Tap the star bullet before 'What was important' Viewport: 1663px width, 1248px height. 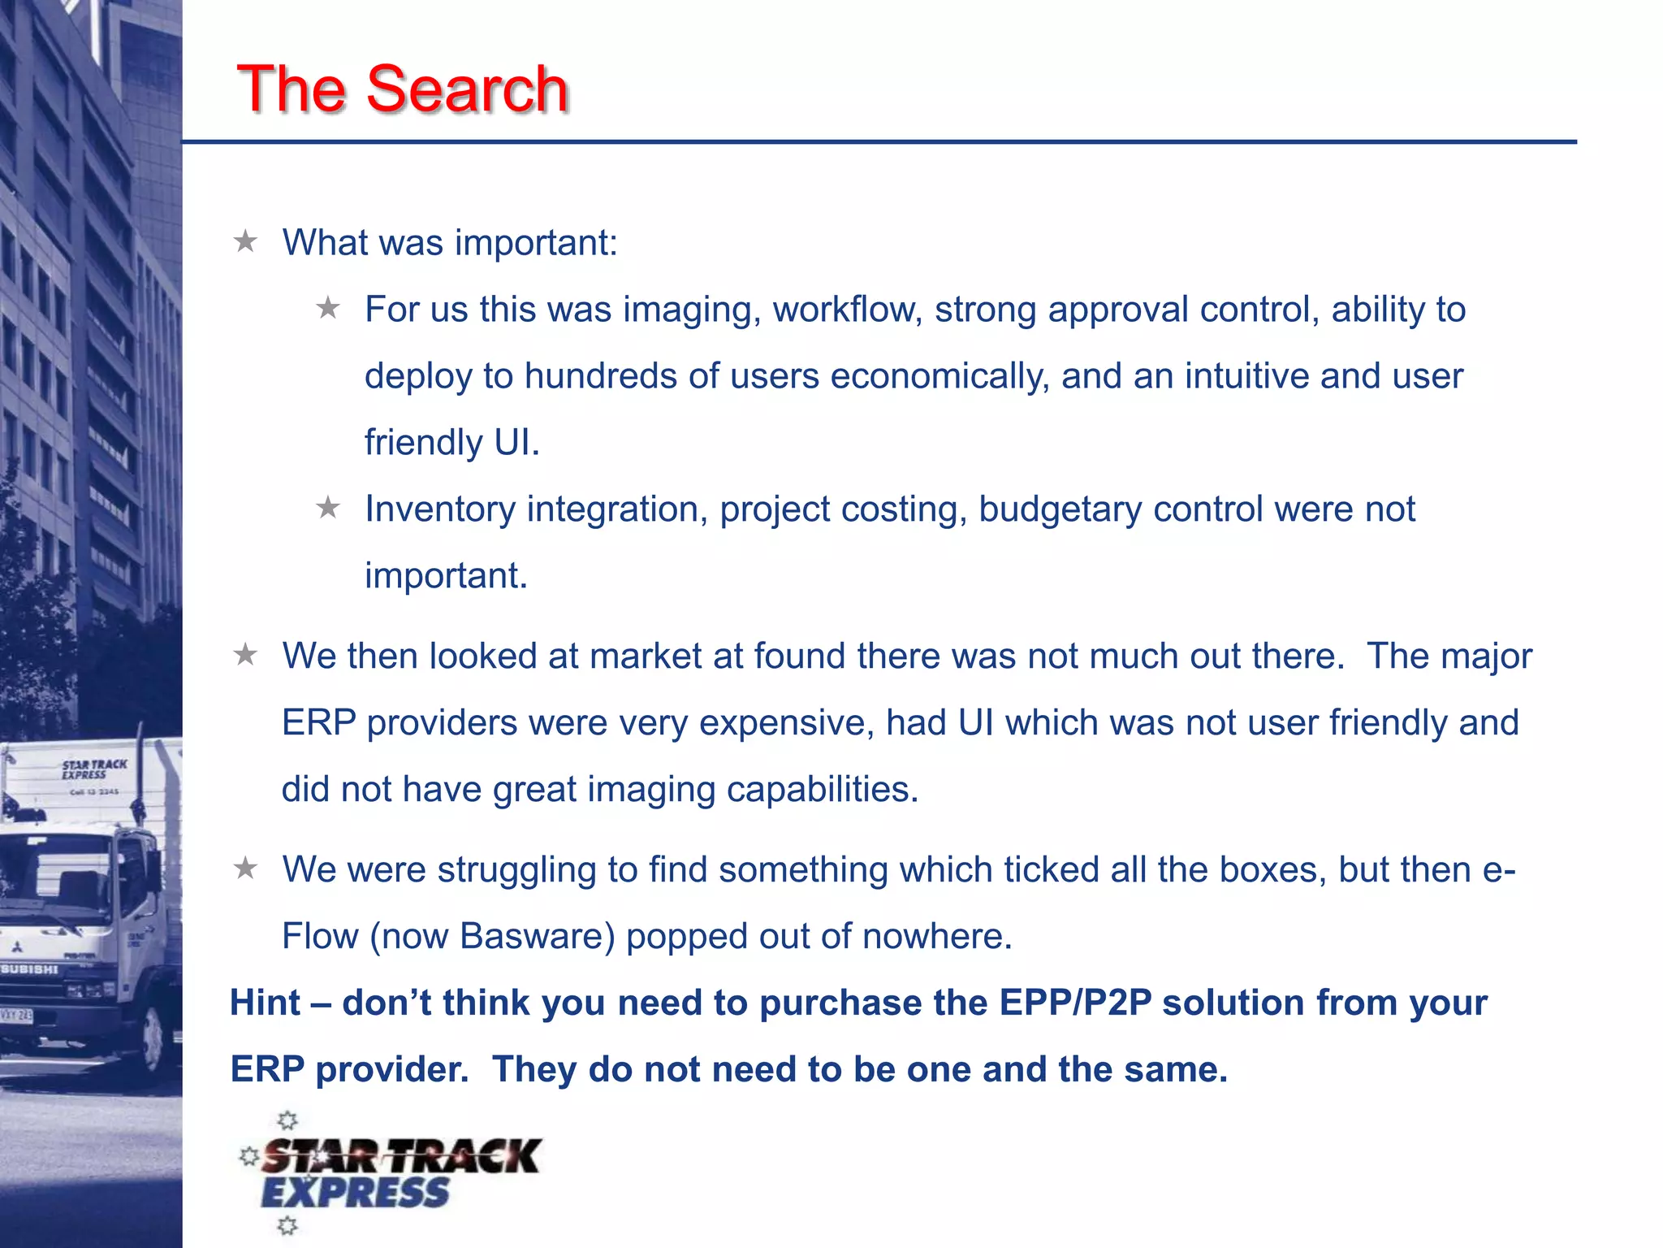245,241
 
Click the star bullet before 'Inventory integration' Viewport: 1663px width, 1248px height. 328,509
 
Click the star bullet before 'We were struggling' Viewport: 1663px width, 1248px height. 245,869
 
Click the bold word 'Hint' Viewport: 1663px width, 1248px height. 266,1003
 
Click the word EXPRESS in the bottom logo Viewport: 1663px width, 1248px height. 355,1193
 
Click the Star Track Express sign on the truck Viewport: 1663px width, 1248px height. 94,769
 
